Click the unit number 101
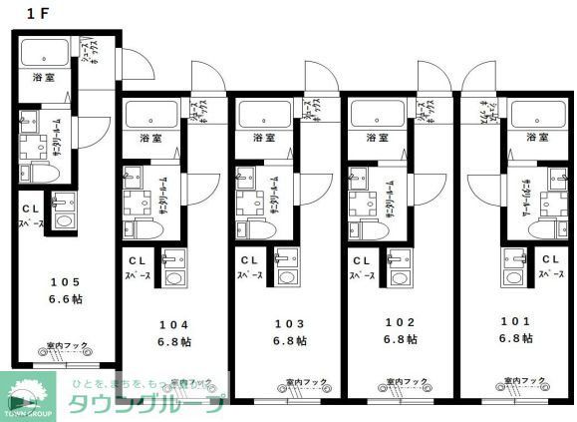tap(514, 323)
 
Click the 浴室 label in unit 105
tap(44, 77)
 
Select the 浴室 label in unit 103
tap(262, 138)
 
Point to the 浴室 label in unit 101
tap(537, 138)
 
